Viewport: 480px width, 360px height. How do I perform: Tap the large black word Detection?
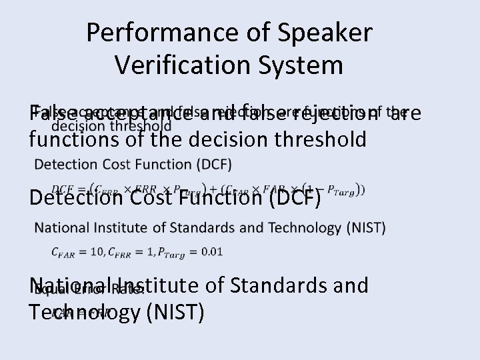(x=75, y=198)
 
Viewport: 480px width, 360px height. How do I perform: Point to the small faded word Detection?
(x=66, y=164)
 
